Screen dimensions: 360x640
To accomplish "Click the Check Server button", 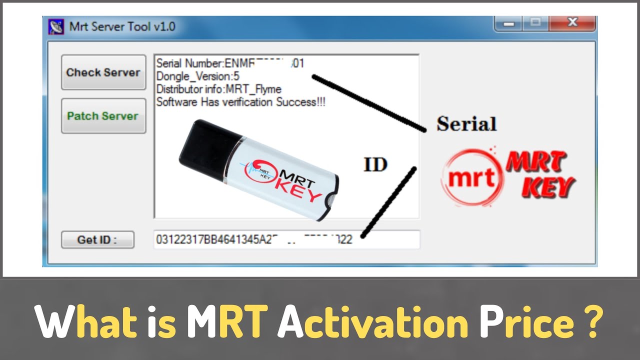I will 103,72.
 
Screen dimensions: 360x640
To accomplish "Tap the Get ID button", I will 97,240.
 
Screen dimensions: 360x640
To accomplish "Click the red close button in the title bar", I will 572,23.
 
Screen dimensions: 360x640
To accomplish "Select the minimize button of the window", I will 508,23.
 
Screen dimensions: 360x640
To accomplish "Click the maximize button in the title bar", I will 535,23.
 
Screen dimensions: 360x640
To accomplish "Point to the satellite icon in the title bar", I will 56,26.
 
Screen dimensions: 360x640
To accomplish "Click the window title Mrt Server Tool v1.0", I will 122,26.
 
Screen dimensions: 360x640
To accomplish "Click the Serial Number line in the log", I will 230,63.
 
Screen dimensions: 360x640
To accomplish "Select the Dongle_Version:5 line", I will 198,76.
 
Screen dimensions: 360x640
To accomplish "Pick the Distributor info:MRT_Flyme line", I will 218,89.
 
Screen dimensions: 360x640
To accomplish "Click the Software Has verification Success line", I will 241,102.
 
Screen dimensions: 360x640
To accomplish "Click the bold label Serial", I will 466,124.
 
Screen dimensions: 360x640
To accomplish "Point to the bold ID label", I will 375,164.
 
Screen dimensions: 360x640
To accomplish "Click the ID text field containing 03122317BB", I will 286,240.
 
